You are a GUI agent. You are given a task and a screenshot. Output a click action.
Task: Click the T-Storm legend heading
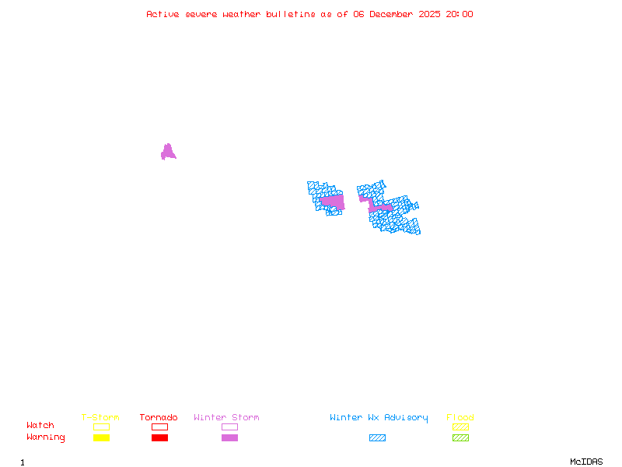[100, 418]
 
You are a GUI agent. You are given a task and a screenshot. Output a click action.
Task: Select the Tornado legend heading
[159, 418]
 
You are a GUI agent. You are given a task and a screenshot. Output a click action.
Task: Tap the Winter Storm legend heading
[226, 418]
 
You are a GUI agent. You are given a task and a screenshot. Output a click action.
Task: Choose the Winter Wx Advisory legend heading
[379, 418]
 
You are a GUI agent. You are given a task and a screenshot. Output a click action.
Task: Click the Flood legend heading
[460, 418]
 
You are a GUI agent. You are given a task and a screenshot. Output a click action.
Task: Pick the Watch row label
[40, 426]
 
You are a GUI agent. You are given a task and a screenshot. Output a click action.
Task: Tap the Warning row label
[46, 437]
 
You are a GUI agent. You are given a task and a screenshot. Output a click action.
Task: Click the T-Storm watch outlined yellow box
[101, 427]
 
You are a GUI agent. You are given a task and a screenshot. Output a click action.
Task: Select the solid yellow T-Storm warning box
[101, 437]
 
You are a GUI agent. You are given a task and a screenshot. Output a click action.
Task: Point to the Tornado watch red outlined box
[159, 427]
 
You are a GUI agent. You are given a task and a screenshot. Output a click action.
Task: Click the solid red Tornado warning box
[159, 437]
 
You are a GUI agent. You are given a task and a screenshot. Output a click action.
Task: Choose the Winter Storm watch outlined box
[229, 427]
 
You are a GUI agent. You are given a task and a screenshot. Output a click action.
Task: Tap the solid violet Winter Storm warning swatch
[229, 437]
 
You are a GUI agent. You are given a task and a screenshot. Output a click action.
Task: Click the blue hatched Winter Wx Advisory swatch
[377, 437]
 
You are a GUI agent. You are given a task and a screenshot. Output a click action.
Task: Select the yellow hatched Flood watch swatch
[460, 427]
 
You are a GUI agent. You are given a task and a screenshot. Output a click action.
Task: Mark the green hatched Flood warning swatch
[460, 437]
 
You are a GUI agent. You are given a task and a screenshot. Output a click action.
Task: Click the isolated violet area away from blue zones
[167, 153]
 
